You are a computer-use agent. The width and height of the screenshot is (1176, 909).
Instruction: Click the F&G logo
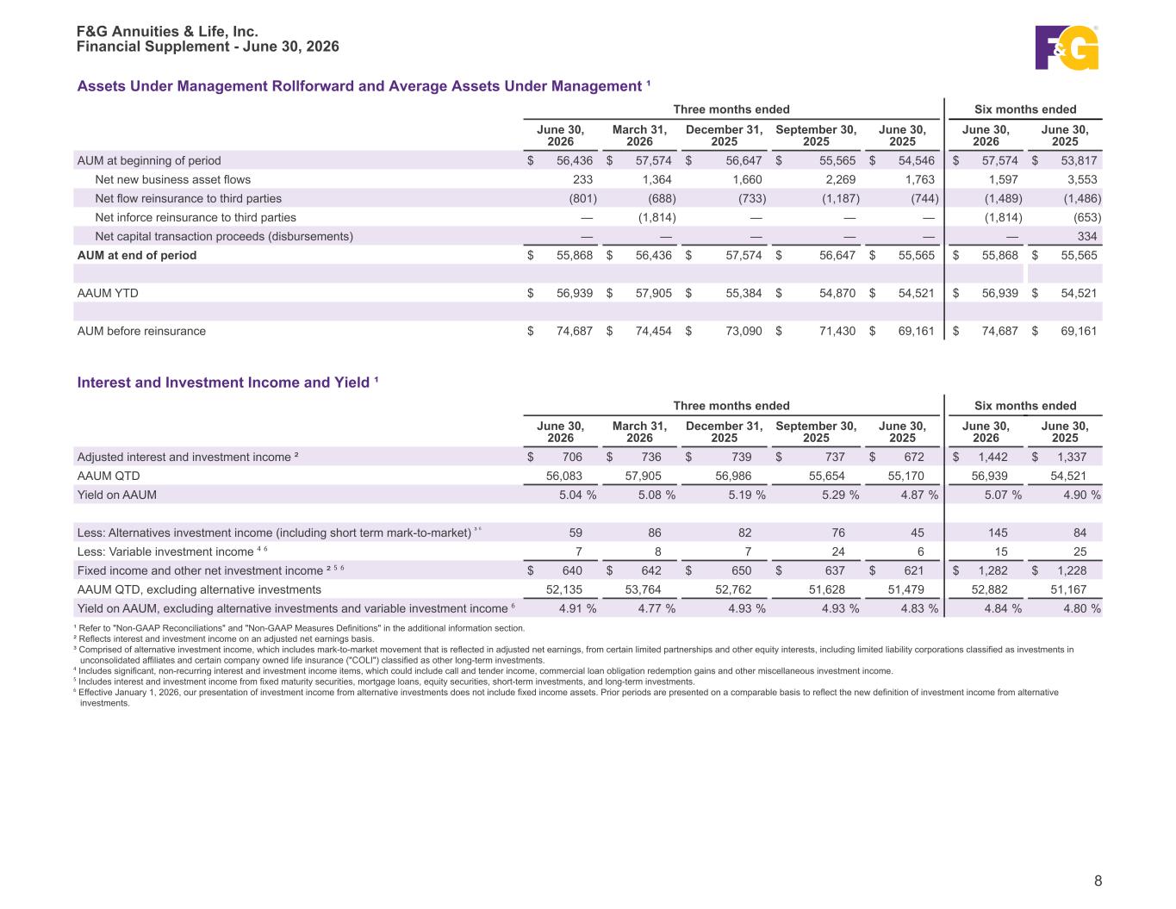[1067, 47]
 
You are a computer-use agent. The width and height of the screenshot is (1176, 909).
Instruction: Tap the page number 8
[1098, 881]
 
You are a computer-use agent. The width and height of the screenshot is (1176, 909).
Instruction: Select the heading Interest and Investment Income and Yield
[223, 383]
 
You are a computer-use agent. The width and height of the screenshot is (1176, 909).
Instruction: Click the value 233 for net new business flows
[582, 179]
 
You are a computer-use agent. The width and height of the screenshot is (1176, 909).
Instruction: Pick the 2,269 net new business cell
[841, 179]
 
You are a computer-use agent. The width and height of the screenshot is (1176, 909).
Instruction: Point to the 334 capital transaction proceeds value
[1086, 236]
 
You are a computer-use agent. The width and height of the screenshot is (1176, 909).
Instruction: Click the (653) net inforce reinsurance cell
[1087, 217]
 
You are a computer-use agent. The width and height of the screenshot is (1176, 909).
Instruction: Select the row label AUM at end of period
[137, 255]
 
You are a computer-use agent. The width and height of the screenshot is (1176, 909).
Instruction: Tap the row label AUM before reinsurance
[141, 331]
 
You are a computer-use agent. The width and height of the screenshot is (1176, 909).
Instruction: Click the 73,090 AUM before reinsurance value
[744, 331]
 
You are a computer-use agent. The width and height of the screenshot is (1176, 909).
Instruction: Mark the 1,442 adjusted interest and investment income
[992, 458]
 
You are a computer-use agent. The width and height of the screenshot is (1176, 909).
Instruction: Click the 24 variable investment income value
[837, 552]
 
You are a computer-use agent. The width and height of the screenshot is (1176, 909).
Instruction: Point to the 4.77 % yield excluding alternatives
[656, 608]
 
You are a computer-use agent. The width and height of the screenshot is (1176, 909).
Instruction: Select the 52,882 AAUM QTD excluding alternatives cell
[989, 589]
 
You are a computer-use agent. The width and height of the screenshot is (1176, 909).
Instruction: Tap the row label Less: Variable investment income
[165, 552]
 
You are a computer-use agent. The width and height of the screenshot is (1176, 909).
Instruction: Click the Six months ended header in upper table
[1025, 109]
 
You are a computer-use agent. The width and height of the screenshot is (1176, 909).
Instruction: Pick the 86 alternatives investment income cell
[654, 533]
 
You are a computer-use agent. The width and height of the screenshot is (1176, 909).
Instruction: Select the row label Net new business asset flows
[172, 179]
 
